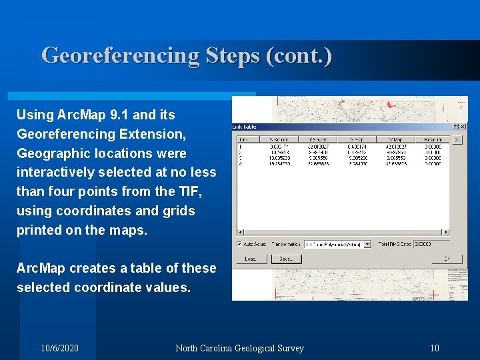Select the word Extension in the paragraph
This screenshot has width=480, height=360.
[x=152, y=134]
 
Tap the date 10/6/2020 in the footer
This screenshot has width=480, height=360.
[x=59, y=348]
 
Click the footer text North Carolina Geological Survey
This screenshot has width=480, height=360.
[x=239, y=348]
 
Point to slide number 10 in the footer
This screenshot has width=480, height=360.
[x=435, y=348]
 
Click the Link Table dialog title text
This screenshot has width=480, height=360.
[x=244, y=127]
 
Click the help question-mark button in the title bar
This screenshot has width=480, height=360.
[x=455, y=127]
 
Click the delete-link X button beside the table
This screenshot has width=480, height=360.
[x=457, y=140]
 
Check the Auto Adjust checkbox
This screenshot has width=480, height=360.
[x=240, y=244]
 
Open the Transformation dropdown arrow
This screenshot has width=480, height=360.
[x=367, y=244]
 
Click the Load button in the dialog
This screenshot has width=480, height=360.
[x=251, y=259]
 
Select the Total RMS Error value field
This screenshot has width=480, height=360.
[x=423, y=244]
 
